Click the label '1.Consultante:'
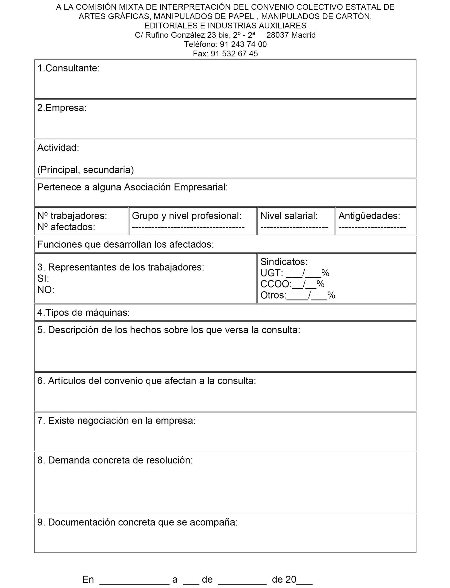(x=68, y=68)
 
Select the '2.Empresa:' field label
(x=62, y=108)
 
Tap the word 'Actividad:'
(x=58, y=147)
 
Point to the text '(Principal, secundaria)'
(x=85, y=170)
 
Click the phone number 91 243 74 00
(x=243, y=44)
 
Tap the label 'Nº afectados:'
(x=66, y=227)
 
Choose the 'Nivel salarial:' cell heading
(x=289, y=216)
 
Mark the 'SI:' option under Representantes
(x=43, y=279)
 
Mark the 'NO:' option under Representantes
(x=45, y=290)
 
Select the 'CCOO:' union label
(x=276, y=284)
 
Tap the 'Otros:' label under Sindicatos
(x=273, y=295)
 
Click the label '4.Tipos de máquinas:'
(x=83, y=313)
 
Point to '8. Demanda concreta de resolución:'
(x=115, y=460)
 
